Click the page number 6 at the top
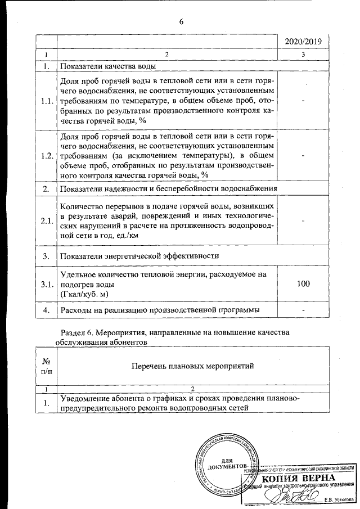point(181,21)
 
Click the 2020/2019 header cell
point(304,42)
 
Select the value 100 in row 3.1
point(304,284)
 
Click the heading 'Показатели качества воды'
point(107,66)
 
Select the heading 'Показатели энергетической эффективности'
point(139,255)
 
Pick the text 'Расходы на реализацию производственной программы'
point(160,310)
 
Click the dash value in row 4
point(304,310)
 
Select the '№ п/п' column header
point(47,366)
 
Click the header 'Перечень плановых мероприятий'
point(192,366)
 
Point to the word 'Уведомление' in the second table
point(85,399)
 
